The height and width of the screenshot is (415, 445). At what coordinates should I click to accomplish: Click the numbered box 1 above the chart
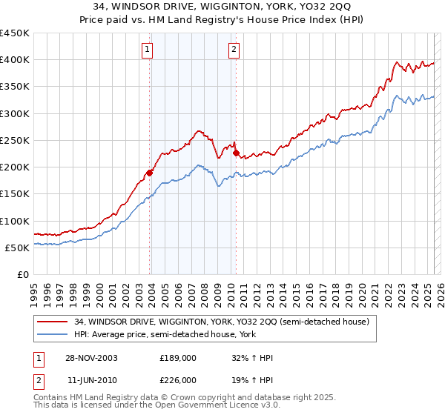(147, 50)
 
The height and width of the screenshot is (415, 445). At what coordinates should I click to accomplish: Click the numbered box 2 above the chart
(234, 50)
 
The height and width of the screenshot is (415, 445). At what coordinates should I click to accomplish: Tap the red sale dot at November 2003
(150, 173)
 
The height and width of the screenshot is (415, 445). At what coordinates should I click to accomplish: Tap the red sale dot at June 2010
(236, 153)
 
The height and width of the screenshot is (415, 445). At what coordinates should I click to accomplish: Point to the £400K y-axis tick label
(15, 60)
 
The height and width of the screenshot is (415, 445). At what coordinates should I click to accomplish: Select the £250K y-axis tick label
(15, 140)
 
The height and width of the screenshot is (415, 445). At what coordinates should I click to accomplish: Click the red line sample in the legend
(54, 322)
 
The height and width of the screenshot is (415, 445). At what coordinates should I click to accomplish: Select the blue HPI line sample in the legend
(54, 334)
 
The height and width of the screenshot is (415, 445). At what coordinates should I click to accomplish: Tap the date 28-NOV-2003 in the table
(92, 358)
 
